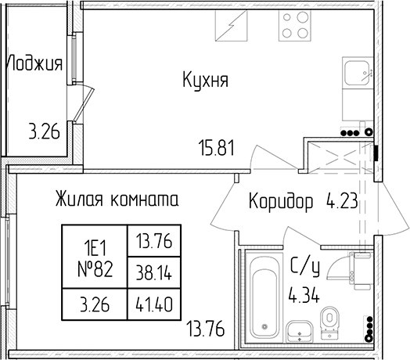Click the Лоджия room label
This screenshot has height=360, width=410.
[34, 63]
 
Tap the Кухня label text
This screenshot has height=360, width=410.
[205, 80]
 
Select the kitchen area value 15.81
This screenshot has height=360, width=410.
[216, 148]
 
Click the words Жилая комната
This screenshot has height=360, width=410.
[117, 199]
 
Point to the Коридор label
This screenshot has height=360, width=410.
[281, 202]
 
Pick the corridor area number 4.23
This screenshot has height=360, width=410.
[342, 201]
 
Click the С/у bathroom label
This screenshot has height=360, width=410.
[305, 267]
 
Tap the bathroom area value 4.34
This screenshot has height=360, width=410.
[304, 294]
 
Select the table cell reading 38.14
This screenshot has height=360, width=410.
[153, 272]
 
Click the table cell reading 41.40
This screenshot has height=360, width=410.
[153, 304]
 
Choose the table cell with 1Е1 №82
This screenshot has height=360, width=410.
[95, 257]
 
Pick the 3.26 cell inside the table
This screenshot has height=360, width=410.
[95, 304]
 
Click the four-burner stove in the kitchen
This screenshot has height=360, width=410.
[295, 25]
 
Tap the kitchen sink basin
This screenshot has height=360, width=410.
[357, 73]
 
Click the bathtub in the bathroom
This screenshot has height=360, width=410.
[264, 297]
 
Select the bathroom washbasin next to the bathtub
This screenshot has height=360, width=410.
[300, 331]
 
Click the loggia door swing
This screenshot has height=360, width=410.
[83, 103]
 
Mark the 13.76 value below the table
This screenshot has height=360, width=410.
[205, 329]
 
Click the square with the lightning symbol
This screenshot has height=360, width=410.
[231, 25]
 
